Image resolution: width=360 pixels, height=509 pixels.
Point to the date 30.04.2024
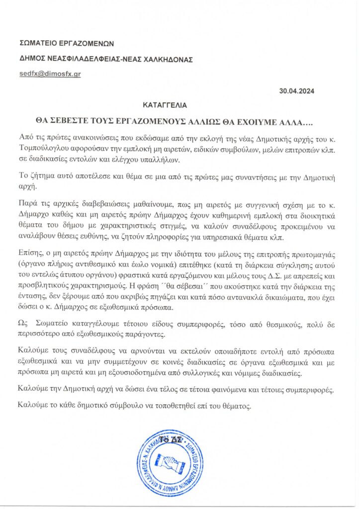(297, 91)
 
